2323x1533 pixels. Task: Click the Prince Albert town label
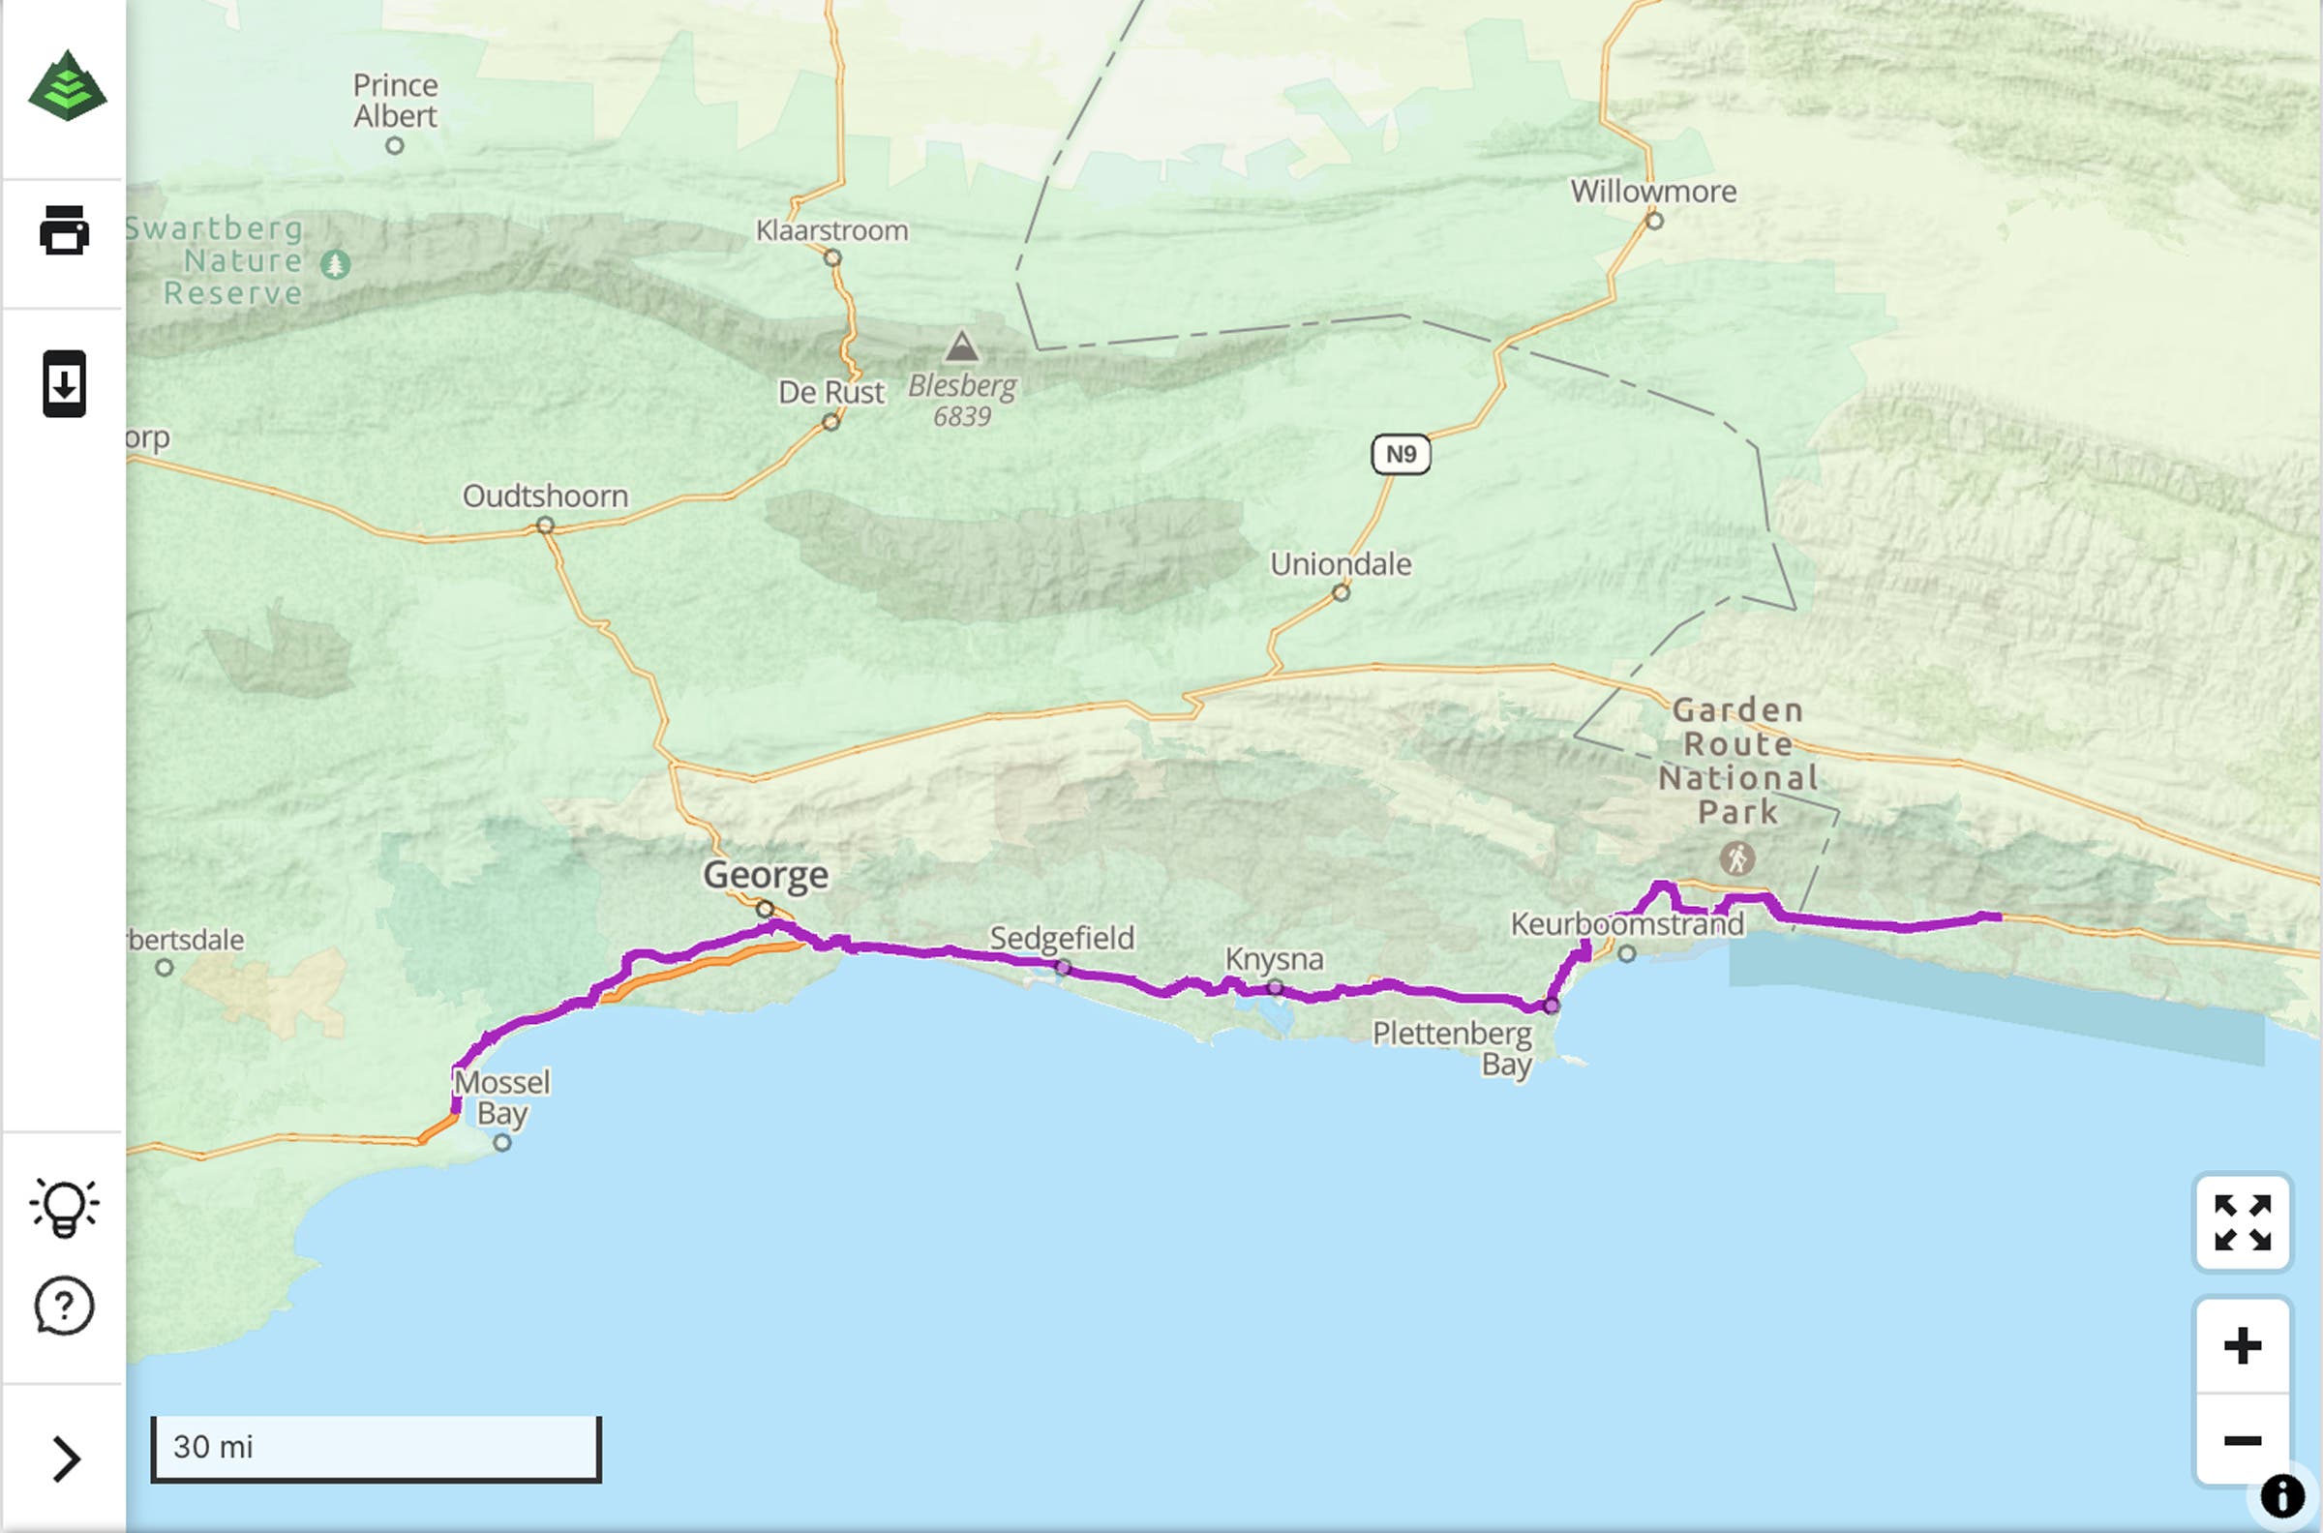tap(395, 101)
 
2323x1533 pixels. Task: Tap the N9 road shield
tap(1400, 455)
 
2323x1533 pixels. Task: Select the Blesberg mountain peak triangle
tap(961, 347)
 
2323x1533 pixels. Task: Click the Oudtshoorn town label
tap(545, 496)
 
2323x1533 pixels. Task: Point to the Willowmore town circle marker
tap(1654, 221)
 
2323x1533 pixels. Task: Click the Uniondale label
tap(1341, 564)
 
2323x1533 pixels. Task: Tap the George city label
tap(766, 874)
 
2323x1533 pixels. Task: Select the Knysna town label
tap(1274, 959)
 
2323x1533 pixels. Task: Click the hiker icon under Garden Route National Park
tap(1736, 859)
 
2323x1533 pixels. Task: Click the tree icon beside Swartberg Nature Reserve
tap(335, 263)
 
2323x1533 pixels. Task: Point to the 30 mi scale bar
tap(376, 1448)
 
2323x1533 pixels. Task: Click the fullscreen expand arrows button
tap(2242, 1222)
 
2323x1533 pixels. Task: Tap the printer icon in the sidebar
tap(65, 230)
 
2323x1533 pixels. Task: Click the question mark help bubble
tap(65, 1307)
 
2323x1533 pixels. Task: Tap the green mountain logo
tap(67, 86)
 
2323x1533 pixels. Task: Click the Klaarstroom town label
tap(832, 230)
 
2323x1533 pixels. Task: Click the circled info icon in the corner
tap(2282, 1496)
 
